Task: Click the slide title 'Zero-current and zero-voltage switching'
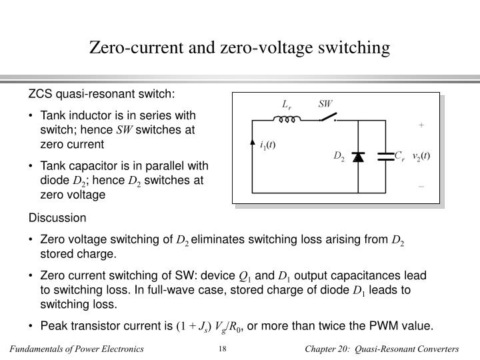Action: [239, 47]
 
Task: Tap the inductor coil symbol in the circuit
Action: [287, 121]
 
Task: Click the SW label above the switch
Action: [325, 104]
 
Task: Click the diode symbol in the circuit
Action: [358, 157]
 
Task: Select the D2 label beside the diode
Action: [339, 157]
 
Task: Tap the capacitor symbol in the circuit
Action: [386, 157]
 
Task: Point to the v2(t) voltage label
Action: [421, 156]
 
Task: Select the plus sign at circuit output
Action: [421, 125]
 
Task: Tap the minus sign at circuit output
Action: [421, 187]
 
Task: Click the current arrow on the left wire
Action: [252, 143]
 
